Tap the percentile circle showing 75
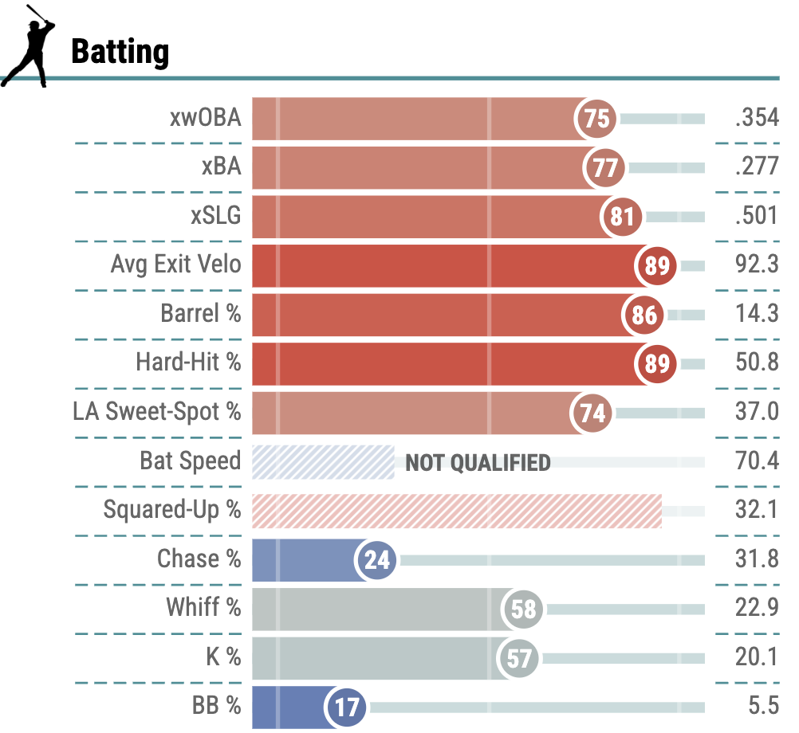(x=596, y=120)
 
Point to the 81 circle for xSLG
(x=622, y=217)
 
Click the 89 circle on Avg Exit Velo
(x=656, y=265)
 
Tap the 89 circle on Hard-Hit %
(x=656, y=363)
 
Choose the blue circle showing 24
(x=377, y=560)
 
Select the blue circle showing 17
(x=346, y=708)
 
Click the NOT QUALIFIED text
(x=478, y=463)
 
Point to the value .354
(x=757, y=120)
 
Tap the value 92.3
(x=757, y=265)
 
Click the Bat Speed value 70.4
(x=757, y=461)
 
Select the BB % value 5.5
(x=762, y=707)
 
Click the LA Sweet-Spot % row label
(x=156, y=413)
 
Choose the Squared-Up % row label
(x=171, y=511)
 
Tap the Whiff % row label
(x=203, y=609)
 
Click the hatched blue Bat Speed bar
(x=323, y=462)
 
